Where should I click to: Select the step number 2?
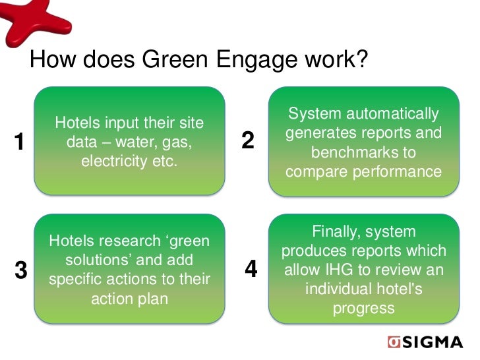[248, 140]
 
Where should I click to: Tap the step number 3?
[21, 270]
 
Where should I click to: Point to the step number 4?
[251, 269]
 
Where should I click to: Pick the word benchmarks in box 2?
[364, 152]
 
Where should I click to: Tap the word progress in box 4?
[364, 308]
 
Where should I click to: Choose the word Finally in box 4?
[336, 232]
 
